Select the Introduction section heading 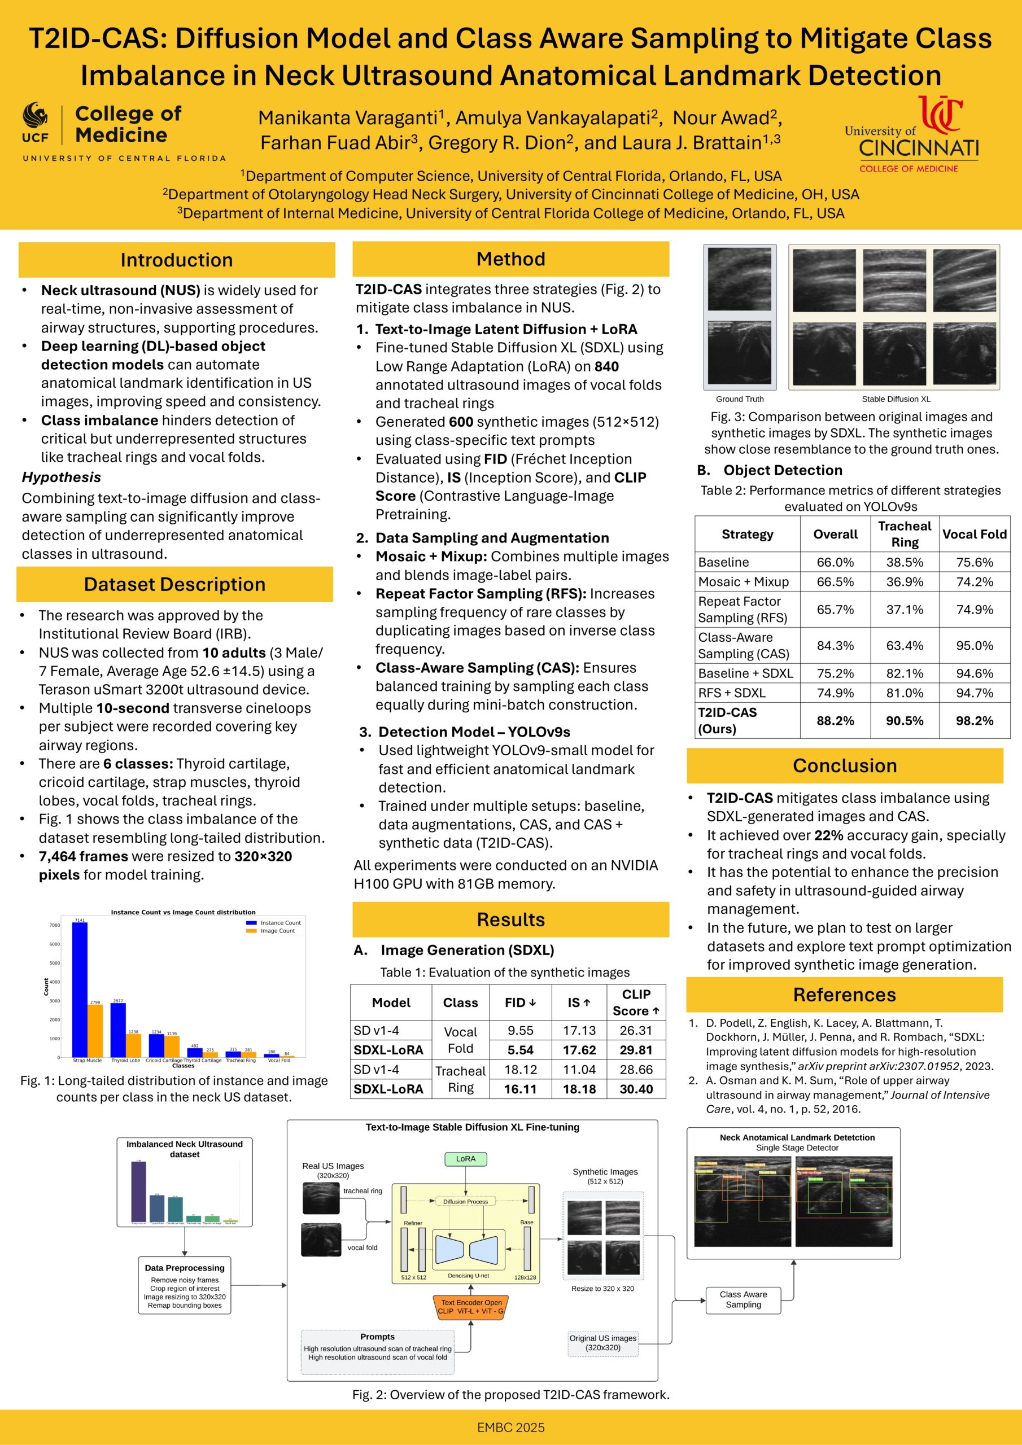176,260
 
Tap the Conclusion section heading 845,765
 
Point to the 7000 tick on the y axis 55,925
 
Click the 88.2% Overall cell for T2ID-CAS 835,721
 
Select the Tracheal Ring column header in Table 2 904,534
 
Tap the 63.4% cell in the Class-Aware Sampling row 904,645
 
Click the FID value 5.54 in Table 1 520,1050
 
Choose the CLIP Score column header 636,1002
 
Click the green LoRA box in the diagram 465,1159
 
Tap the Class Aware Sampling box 743,1299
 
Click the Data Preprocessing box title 185,1268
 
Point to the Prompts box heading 377,1336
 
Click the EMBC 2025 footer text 510,1427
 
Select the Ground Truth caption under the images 739,399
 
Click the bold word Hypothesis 61,477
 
